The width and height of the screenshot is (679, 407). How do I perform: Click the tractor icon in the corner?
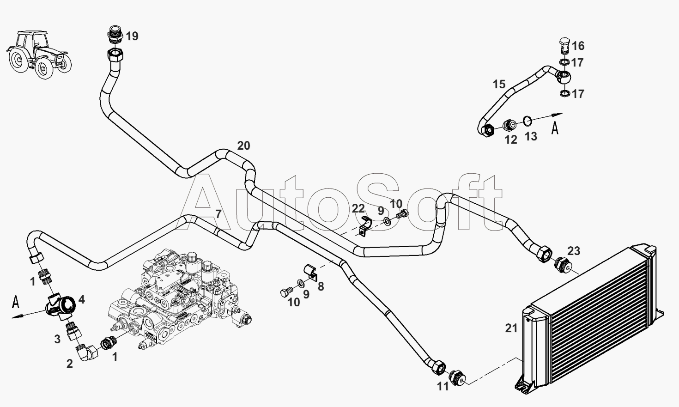pyautogui.click(x=39, y=55)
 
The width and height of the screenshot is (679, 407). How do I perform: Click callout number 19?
pyautogui.click(x=132, y=36)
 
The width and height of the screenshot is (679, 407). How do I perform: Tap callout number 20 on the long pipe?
pyautogui.click(x=243, y=146)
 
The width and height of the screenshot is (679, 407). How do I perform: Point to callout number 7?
pyautogui.click(x=218, y=214)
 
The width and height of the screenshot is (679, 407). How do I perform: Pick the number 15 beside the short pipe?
pyautogui.click(x=499, y=84)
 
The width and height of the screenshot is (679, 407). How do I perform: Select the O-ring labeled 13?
pyautogui.click(x=527, y=121)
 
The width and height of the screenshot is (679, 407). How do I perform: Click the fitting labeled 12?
pyautogui.click(x=510, y=125)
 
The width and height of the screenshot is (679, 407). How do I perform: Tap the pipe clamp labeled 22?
pyautogui.click(x=365, y=227)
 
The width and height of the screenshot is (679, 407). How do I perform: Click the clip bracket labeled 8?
pyautogui.click(x=310, y=272)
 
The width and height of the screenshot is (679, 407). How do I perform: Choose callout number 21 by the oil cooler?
pyautogui.click(x=511, y=328)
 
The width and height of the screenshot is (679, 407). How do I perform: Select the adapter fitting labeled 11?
pyautogui.click(x=457, y=378)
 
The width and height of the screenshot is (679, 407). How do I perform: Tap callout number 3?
pyautogui.click(x=57, y=339)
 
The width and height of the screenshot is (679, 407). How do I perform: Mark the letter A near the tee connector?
pyautogui.click(x=16, y=303)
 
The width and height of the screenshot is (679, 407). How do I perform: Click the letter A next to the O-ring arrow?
pyautogui.click(x=555, y=128)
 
